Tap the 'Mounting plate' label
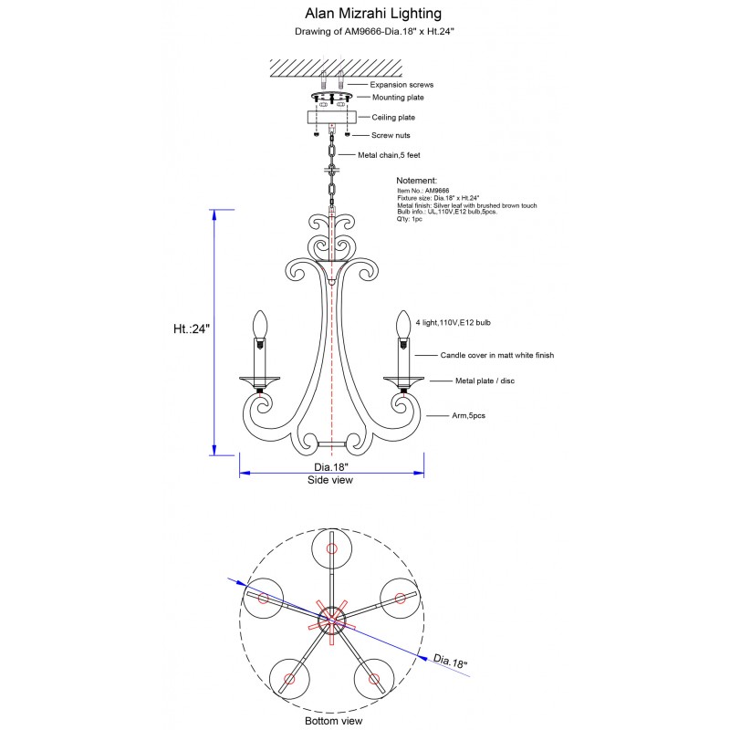click(398, 97)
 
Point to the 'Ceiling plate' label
click(393, 118)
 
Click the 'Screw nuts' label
click(391, 135)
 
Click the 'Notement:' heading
click(417, 182)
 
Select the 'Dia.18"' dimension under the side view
click(331, 466)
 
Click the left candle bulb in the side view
click(260, 324)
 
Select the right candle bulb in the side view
click(401, 324)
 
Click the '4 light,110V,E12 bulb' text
click(454, 323)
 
